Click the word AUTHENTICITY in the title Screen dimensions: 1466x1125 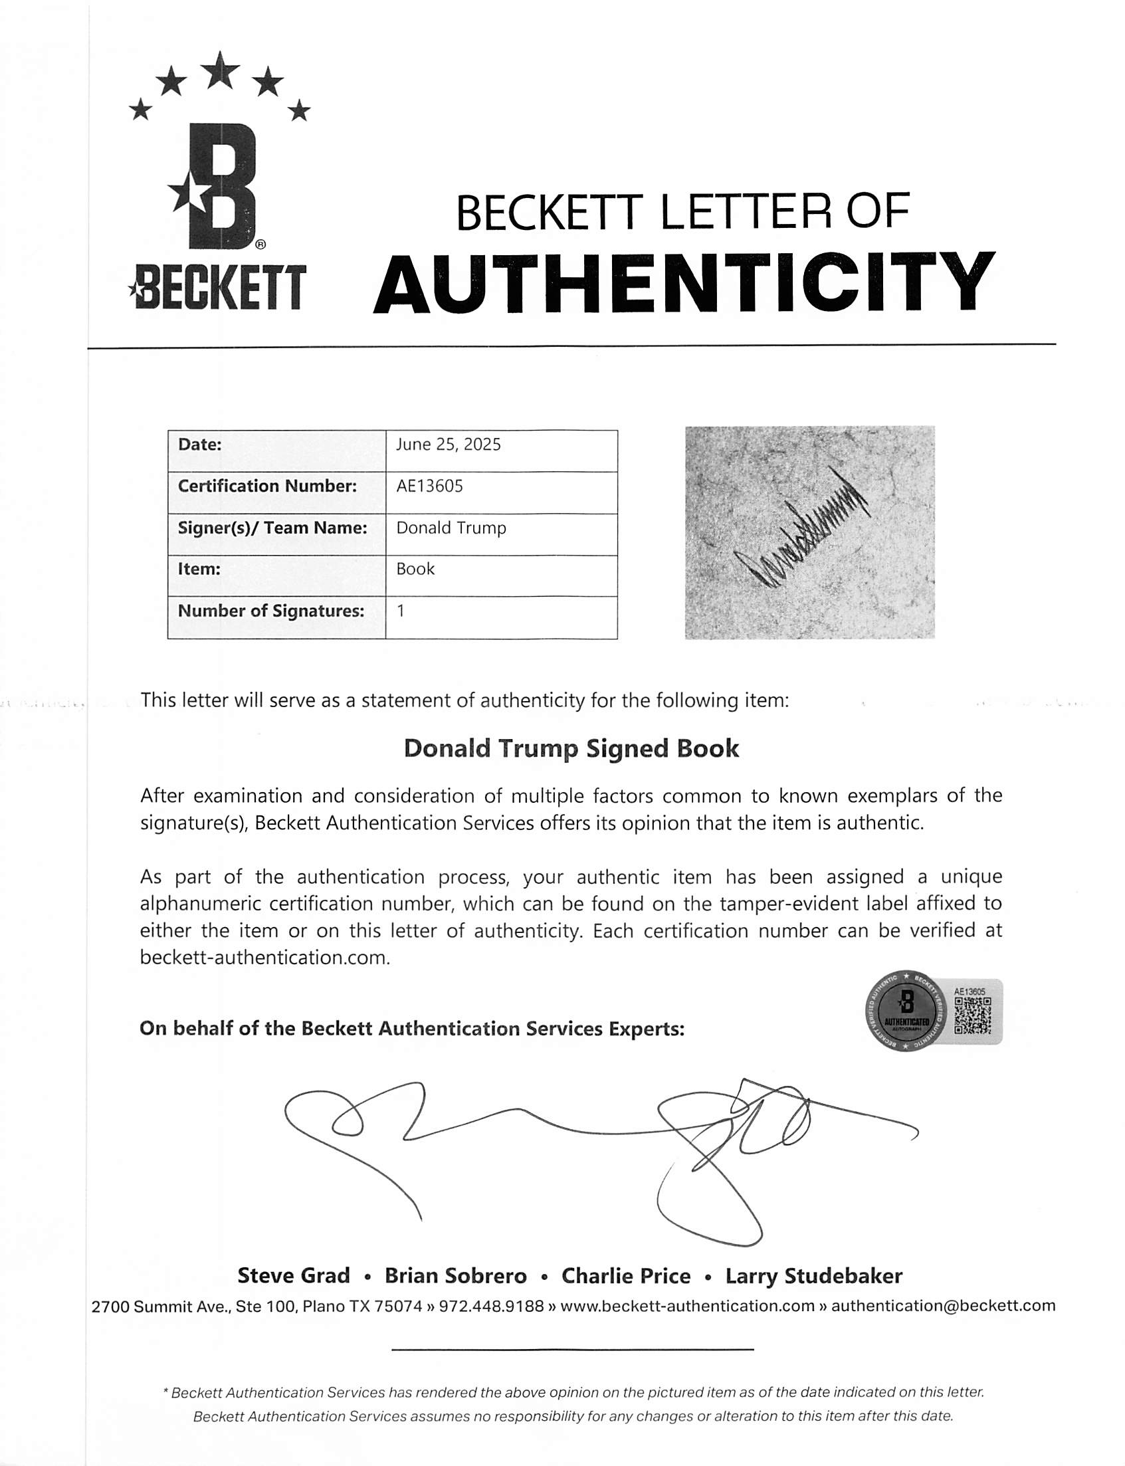tap(684, 283)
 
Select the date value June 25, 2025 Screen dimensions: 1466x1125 tap(448, 445)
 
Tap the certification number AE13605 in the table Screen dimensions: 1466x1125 tap(429, 486)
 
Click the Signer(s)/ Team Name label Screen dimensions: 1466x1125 tap(272, 528)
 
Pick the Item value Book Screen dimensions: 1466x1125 tap(415, 570)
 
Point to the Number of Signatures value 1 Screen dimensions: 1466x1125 tap(401, 611)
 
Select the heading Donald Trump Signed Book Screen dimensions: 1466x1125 tap(571, 748)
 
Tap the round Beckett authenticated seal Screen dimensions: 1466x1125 tap(906, 1011)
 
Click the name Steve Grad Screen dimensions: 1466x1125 tap(293, 1276)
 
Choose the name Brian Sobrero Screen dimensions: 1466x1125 tap(455, 1276)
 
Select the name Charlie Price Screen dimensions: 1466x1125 tap(625, 1276)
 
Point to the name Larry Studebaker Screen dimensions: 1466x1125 tap(813, 1276)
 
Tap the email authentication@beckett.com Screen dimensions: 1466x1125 tap(943, 1306)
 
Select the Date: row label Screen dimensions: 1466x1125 tap(199, 445)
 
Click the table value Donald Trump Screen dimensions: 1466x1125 tap(451, 528)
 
